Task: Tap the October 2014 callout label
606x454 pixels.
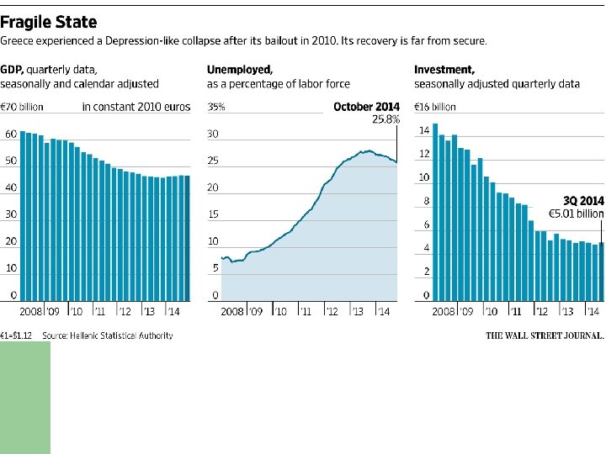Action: (366, 107)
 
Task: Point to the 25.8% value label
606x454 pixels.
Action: (386, 120)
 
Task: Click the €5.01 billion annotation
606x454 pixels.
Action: (576, 214)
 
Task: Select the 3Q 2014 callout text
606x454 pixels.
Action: (582, 201)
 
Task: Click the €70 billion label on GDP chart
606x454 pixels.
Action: (22, 107)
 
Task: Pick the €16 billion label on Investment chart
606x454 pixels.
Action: (435, 107)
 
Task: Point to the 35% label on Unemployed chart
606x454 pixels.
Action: (216, 107)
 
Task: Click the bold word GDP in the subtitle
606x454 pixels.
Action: (11, 70)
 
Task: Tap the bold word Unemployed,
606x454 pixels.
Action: (240, 70)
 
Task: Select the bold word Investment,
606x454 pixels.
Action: (444, 70)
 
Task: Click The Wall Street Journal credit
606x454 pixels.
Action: (545, 335)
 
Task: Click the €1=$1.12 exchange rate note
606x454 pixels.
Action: (16, 335)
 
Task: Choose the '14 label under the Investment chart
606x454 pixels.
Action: (593, 312)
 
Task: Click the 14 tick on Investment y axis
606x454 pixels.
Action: (424, 130)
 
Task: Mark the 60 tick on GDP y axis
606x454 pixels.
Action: (11, 134)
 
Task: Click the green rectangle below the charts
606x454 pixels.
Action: (25, 397)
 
